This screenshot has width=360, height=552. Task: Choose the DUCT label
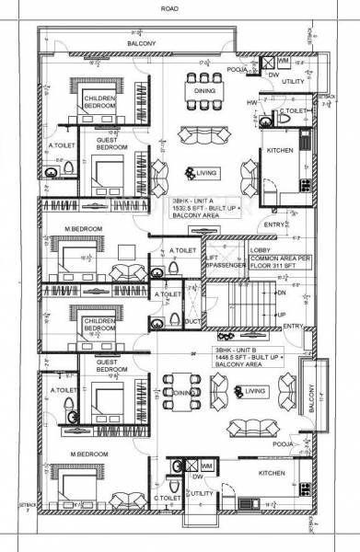192,322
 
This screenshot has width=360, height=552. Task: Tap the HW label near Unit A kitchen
250,103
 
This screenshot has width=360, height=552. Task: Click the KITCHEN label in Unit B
271,471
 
